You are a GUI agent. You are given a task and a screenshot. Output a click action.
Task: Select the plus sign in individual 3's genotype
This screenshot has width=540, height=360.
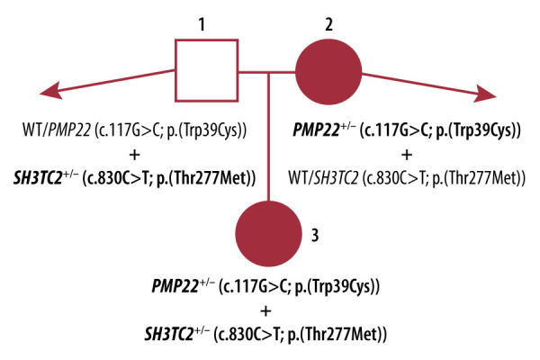265,311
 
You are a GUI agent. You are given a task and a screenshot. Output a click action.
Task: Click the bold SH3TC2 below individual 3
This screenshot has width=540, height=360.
181,335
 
